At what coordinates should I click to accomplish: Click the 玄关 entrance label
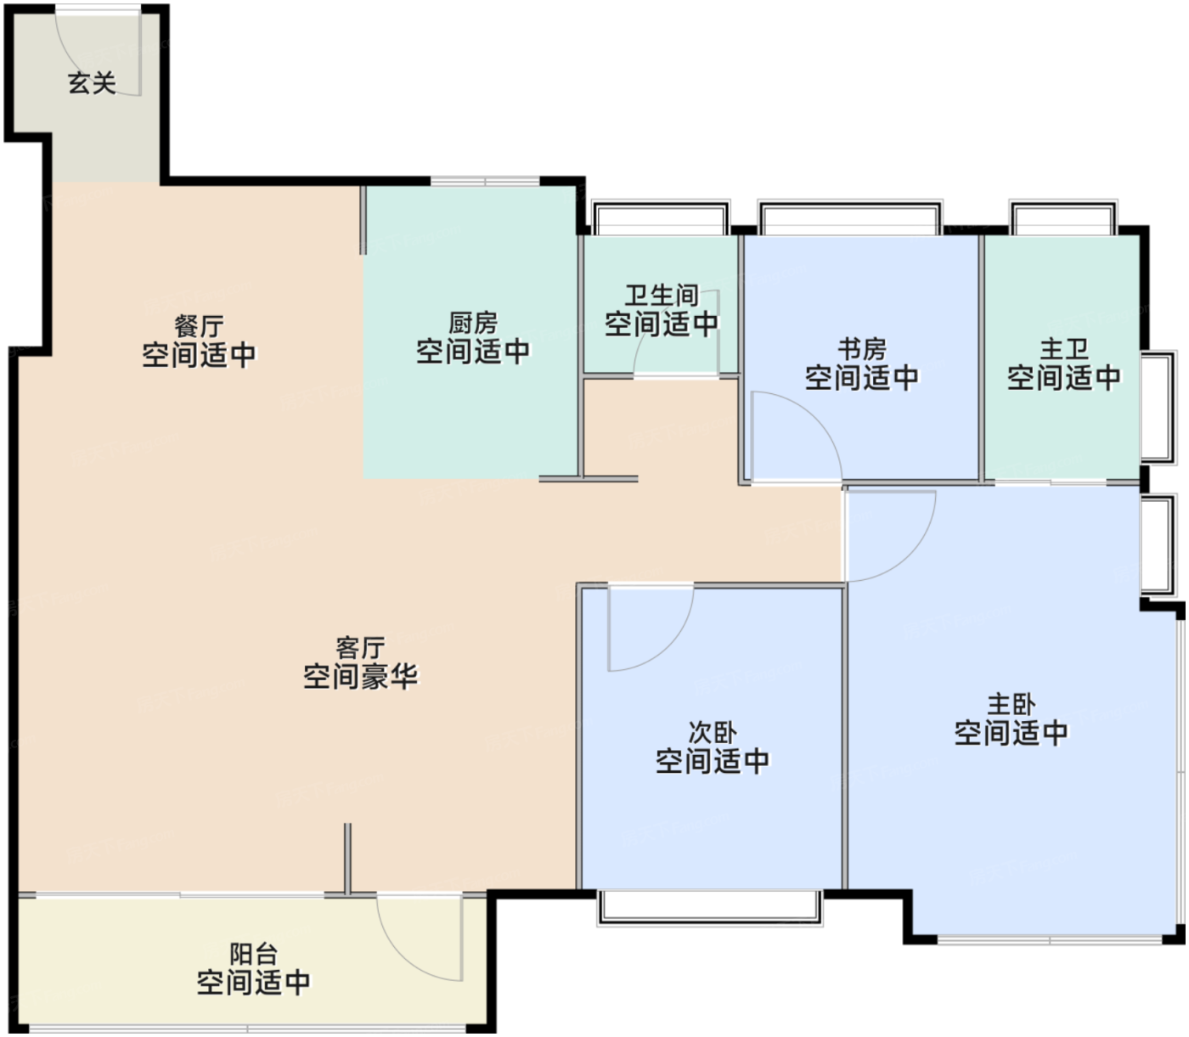(92, 83)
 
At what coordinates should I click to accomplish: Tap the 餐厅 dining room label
(199, 326)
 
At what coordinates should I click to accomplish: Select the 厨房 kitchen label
(473, 324)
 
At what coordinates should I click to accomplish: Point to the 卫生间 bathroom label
(662, 296)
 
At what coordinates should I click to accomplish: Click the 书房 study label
(862, 350)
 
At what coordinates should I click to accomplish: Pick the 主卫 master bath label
(1063, 350)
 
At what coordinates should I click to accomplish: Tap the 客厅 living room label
(360, 647)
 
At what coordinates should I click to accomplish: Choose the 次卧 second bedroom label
(713, 733)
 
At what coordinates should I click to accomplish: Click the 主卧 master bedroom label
(1011, 705)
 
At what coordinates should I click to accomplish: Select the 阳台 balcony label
(253, 955)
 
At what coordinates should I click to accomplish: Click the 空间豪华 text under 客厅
(360, 676)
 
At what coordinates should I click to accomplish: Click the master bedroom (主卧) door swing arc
(910, 555)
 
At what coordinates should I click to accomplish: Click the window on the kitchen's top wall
(485, 182)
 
